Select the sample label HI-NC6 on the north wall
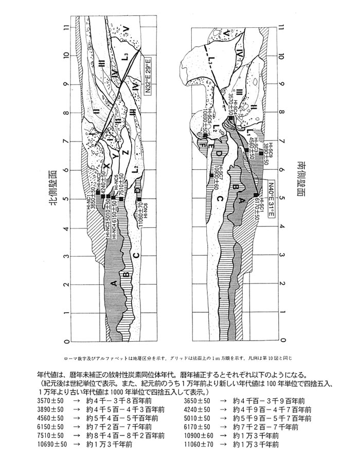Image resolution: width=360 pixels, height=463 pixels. [x=146, y=210]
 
